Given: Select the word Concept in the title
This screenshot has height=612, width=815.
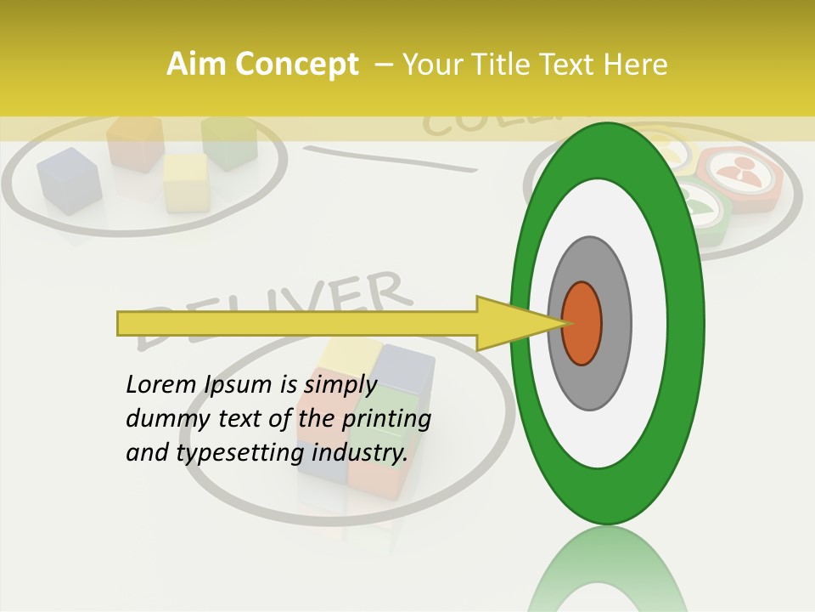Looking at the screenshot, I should coord(295,65).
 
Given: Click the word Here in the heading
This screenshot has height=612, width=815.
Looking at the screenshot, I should coord(637,65).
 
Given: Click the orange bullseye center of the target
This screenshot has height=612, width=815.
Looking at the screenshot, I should coord(582,323).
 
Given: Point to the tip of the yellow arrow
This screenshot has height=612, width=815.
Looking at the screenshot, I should coord(565,323).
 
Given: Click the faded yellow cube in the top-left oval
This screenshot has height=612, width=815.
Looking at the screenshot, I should coord(186,181).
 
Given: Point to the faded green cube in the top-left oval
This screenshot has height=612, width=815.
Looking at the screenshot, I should coord(229,140).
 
